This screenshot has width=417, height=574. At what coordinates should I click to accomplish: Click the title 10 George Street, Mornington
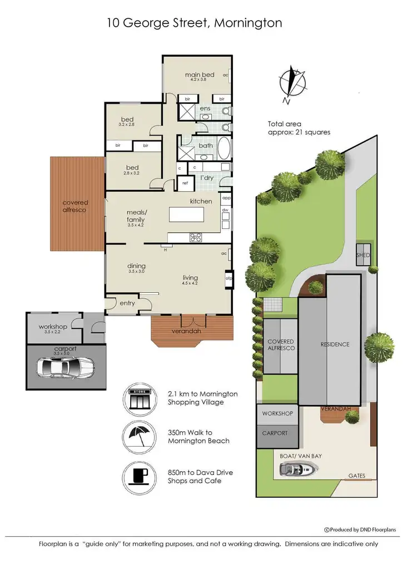pyautogui.click(x=194, y=23)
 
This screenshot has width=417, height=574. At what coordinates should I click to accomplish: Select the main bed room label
pyautogui.click(x=200, y=75)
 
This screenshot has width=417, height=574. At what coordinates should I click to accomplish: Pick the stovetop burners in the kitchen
pyautogui.click(x=196, y=237)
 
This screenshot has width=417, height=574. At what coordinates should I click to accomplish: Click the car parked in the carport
pyautogui.click(x=64, y=366)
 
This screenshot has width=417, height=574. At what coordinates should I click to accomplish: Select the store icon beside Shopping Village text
pyautogui.click(x=140, y=398)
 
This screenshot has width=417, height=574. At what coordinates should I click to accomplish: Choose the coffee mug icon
pyautogui.click(x=140, y=476)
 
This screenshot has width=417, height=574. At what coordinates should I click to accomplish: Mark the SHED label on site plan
pyautogui.click(x=364, y=255)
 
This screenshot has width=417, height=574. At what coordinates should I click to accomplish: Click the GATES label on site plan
pyautogui.click(x=356, y=476)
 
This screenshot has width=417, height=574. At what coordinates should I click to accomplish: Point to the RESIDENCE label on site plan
pyautogui.click(x=335, y=345)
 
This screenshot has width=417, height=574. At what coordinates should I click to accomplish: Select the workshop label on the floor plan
pyautogui.click(x=53, y=327)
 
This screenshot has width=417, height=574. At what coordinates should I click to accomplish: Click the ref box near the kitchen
pyautogui.click(x=183, y=182)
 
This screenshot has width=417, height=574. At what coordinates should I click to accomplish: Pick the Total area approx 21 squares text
pyautogui.click(x=299, y=128)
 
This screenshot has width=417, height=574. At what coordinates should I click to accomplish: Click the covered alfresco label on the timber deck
pyautogui.click(x=75, y=206)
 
